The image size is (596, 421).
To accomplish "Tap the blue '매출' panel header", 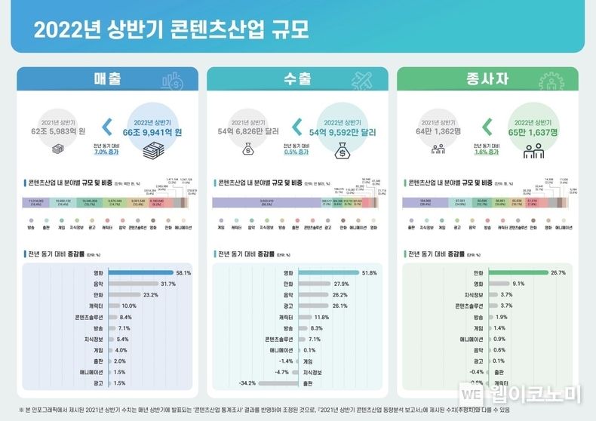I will pos(108,79).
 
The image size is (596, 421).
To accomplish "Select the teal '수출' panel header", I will pos(297,79).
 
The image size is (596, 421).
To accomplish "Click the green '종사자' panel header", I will pos(487,79).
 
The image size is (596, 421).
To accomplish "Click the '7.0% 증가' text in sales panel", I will pos(106,152).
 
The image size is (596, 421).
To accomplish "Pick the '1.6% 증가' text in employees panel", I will pos(487,152).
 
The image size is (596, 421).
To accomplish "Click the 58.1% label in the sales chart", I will pos(183,272).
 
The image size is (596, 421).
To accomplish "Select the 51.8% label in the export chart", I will pos(370,272).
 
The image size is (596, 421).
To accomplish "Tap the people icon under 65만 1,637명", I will pos(533,152).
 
